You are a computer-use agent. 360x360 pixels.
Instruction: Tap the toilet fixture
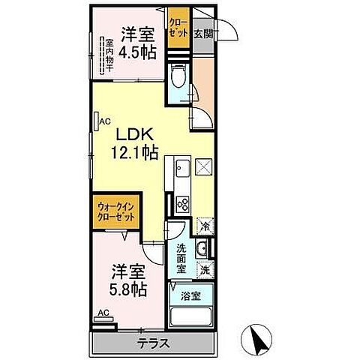click(178, 77)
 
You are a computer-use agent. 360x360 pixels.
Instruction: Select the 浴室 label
click(190, 295)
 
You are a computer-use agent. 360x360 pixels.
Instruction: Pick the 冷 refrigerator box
click(205, 225)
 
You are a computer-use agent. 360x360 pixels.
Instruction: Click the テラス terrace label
click(153, 344)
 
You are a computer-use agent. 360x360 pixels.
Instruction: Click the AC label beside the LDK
click(105, 119)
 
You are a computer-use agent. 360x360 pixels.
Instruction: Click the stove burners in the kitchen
click(182, 203)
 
